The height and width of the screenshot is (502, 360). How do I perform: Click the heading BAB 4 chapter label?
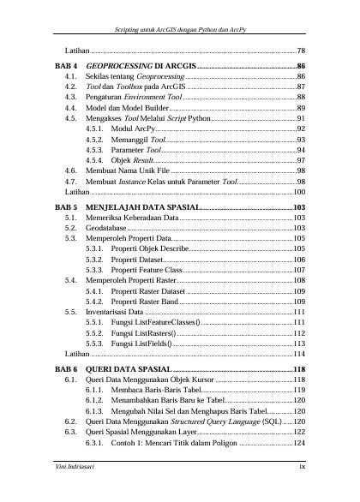[x=66, y=66]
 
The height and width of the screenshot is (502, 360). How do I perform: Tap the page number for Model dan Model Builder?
[x=301, y=109]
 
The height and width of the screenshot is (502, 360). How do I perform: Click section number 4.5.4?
[x=96, y=160]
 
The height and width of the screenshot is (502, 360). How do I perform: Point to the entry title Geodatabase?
[x=110, y=229]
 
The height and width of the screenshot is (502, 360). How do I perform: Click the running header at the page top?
[x=180, y=31]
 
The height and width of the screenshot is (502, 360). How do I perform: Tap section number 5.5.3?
[x=96, y=343]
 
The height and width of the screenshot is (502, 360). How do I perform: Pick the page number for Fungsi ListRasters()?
[x=300, y=332]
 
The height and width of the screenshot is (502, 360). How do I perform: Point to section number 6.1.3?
[x=96, y=409]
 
